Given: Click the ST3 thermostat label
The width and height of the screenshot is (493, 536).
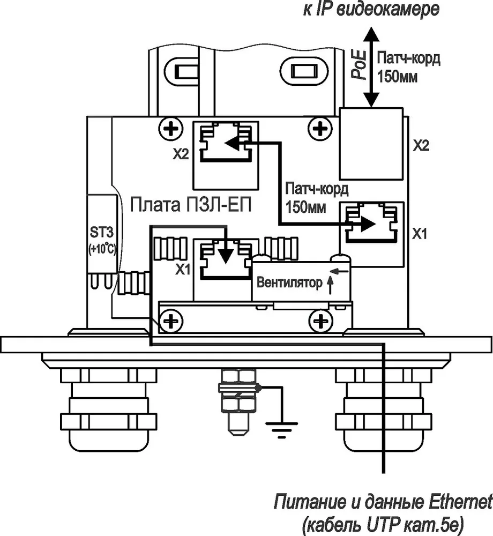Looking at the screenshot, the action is click(101, 233).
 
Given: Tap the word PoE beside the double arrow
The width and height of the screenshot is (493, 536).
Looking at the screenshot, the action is click(359, 65).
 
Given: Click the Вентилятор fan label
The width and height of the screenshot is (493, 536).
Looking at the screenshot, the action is click(289, 283).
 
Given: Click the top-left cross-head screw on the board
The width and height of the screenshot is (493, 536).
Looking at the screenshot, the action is click(170, 129).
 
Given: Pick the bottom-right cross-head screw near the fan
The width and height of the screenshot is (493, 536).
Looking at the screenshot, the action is click(320, 321).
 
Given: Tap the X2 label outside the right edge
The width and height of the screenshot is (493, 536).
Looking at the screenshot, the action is click(421, 146).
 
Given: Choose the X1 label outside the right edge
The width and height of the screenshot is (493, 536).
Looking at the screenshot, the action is click(420, 234).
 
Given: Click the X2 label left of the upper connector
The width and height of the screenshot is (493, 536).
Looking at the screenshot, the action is click(181, 154).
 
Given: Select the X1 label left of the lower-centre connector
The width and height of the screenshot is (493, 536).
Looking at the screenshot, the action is click(183, 270).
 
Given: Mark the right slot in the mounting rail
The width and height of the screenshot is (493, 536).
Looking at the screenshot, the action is click(304, 72).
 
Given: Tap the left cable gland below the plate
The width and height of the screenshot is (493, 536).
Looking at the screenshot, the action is click(109, 410).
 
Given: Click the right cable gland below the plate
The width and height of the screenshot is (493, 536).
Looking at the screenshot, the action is click(383, 410).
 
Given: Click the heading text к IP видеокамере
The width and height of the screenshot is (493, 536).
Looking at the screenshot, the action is click(371, 9).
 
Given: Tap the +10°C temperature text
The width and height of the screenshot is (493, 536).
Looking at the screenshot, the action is click(102, 249).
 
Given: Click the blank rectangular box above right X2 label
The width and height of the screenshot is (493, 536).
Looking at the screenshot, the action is click(371, 144).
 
